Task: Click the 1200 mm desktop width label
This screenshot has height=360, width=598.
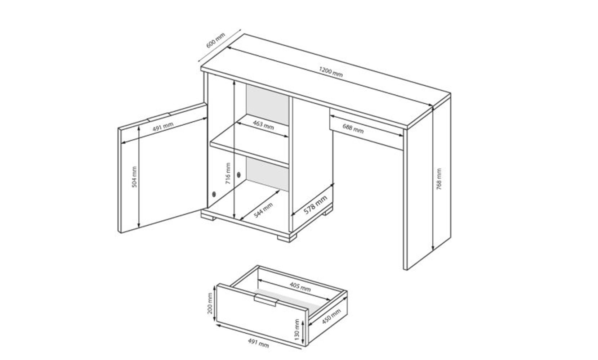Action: (330, 72)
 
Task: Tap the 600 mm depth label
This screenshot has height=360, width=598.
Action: (216, 40)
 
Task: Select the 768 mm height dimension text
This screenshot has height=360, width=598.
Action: (439, 179)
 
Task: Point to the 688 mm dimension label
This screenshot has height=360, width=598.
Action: (353, 129)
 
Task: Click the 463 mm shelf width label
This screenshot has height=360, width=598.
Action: (263, 125)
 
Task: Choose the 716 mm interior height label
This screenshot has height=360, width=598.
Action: (228, 174)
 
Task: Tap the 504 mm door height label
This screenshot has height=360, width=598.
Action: (134, 177)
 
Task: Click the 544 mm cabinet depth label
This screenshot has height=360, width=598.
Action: (263, 210)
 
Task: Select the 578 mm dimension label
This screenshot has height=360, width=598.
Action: (315, 205)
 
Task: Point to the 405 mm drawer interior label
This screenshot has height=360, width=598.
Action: (300, 287)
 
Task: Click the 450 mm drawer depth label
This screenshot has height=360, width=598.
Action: (331, 316)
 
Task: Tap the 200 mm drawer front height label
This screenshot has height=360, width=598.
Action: (210, 303)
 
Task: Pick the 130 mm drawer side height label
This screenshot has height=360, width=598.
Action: (297, 330)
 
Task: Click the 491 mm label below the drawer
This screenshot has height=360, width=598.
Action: (258, 343)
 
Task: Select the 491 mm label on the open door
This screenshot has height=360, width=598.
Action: (163, 127)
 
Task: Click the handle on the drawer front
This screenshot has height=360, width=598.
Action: (265, 300)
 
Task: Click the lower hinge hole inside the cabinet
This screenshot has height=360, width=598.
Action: (214, 194)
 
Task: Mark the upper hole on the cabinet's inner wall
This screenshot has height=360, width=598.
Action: (239, 175)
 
